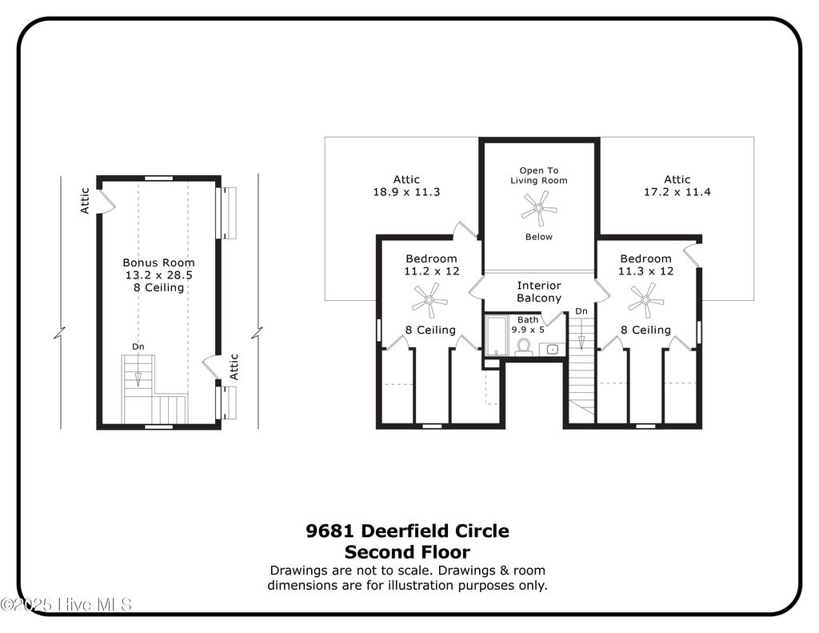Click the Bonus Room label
(x=158, y=262)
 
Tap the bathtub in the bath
(x=497, y=335)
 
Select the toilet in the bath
(x=524, y=347)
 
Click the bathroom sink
(x=552, y=349)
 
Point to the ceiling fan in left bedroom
(x=429, y=301)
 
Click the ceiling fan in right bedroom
(x=645, y=301)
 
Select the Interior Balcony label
(x=538, y=292)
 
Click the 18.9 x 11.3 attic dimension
(x=406, y=192)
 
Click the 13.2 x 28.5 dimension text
(x=158, y=274)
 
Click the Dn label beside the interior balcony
(x=581, y=310)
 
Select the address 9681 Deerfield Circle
(x=407, y=531)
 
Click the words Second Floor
(x=407, y=551)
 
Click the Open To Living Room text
(x=538, y=175)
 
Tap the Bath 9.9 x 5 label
(x=528, y=324)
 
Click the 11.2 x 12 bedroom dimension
(x=431, y=271)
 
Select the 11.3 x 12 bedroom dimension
(x=645, y=271)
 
